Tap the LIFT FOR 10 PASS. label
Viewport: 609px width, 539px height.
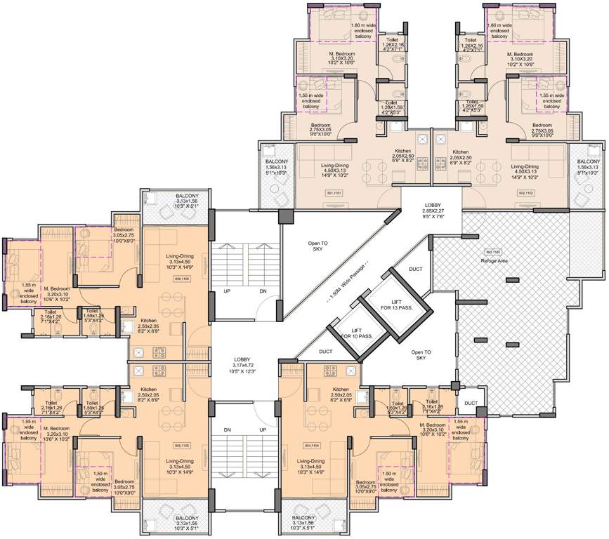pos(356,332)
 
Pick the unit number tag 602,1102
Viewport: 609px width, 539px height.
pos(527,192)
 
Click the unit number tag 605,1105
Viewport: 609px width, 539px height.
pos(181,445)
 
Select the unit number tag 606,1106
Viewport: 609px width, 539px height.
pos(182,279)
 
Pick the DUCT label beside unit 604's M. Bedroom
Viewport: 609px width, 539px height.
pos(470,403)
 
